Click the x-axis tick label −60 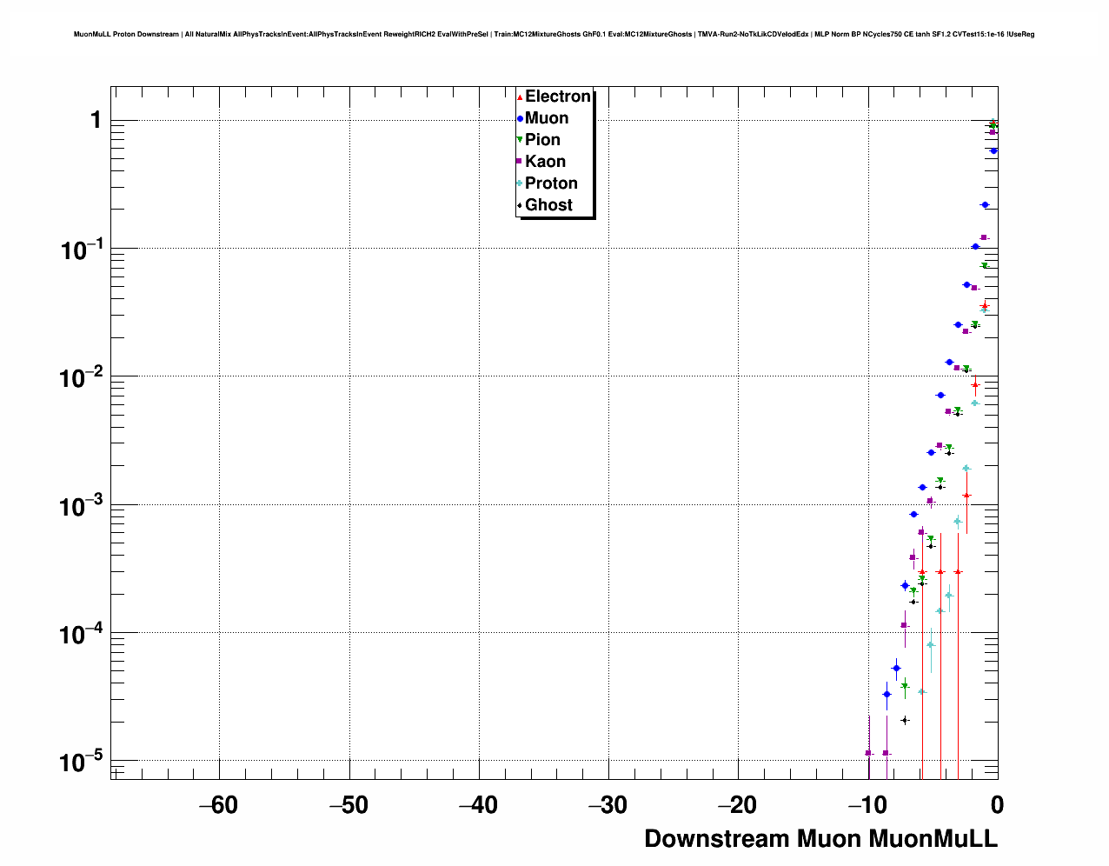tap(218, 805)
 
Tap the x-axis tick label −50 tap(349, 805)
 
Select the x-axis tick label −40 tap(478, 805)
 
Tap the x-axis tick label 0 tap(997, 805)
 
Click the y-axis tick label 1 tap(96, 120)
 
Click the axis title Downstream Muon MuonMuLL tap(820, 839)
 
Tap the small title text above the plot tap(554, 35)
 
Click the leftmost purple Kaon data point tap(868, 753)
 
